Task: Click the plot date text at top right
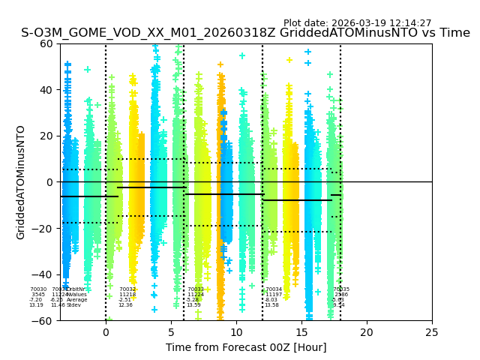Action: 357,23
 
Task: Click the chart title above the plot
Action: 245,33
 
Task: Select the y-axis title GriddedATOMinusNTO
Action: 21,182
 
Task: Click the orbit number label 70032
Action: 127,289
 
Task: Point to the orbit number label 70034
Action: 274,289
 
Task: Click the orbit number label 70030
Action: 38,289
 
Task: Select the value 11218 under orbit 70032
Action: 127,295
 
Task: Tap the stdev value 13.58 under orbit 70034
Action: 271,305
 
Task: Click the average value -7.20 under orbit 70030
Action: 36,300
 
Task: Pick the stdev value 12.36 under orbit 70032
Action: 125,305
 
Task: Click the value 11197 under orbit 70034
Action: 274,295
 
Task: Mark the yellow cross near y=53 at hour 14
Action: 289,60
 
